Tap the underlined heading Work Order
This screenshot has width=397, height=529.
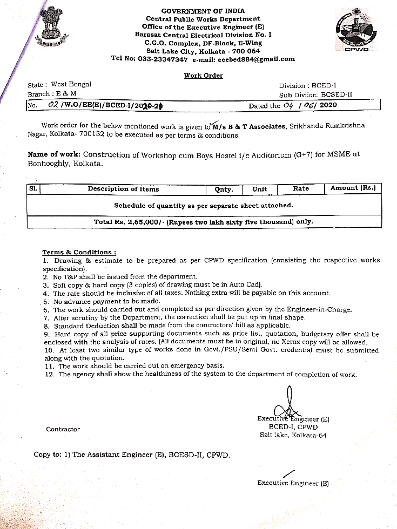click(x=203, y=76)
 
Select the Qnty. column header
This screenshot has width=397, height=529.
click(x=224, y=189)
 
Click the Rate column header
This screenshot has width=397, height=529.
click(x=301, y=188)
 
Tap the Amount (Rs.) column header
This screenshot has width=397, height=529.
click(x=352, y=188)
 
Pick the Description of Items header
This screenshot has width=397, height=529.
click(x=123, y=189)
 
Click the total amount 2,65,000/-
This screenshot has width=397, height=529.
click(x=145, y=221)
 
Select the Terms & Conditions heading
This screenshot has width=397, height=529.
click(x=79, y=252)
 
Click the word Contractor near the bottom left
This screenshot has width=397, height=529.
click(x=63, y=429)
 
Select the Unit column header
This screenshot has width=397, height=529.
click(x=260, y=189)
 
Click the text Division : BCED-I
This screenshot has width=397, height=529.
click(x=307, y=85)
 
